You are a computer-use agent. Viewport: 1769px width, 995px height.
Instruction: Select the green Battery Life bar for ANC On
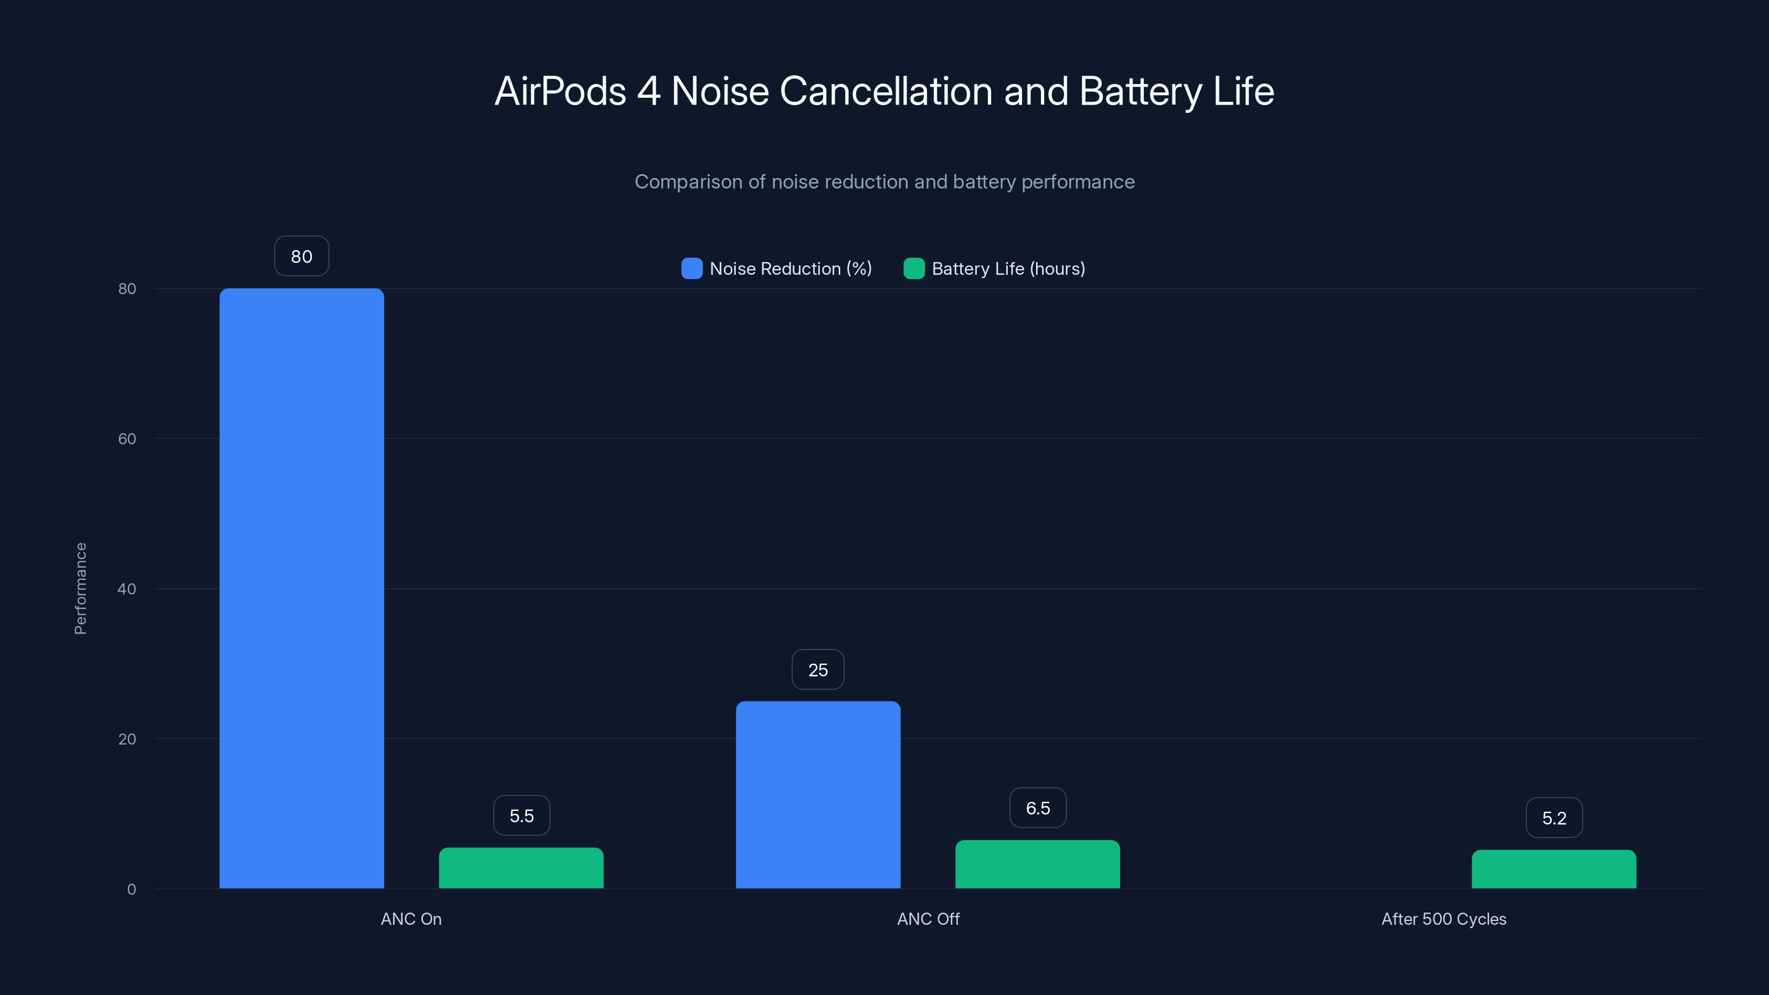[521, 868]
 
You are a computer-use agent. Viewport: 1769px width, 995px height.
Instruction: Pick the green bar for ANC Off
[1037, 865]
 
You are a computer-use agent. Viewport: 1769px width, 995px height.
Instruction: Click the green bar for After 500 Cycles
[1553, 870]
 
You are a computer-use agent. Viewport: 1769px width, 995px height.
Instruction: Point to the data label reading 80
[301, 256]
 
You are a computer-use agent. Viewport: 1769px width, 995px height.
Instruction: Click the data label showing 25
[818, 669]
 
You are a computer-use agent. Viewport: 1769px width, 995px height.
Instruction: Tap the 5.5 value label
[521, 816]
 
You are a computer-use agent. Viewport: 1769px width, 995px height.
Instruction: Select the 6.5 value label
[1038, 808]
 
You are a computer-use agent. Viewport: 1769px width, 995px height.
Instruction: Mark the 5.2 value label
[1554, 818]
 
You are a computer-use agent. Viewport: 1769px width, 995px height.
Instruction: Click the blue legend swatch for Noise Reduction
[692, 269]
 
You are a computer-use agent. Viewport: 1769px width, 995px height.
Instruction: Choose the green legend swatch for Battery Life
[914, 269]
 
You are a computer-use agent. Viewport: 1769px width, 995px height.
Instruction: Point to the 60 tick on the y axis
[127, 439]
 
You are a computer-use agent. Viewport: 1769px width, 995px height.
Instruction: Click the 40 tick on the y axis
[127, 589]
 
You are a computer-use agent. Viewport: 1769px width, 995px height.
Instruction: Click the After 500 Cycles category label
[1443, 919]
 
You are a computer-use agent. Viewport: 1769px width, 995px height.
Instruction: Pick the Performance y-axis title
[80, 589]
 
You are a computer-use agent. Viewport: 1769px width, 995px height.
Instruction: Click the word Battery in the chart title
[1140, 91]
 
